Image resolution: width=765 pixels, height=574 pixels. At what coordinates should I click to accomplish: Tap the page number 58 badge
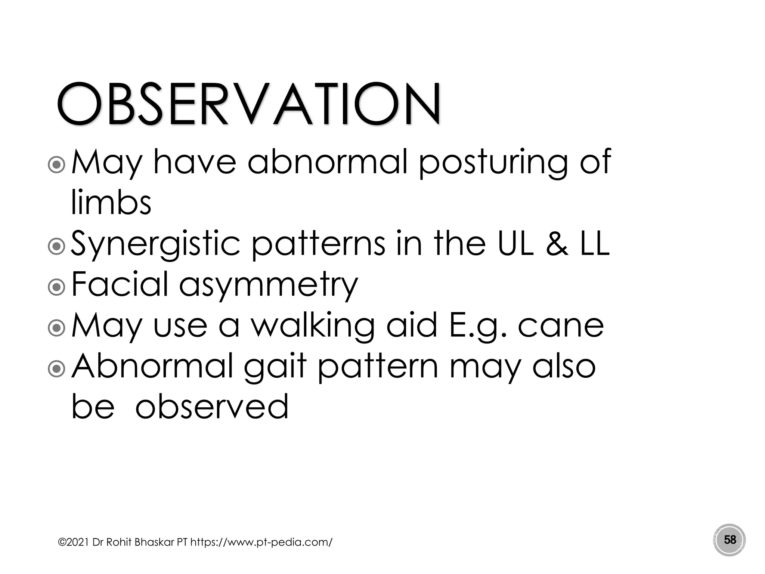[730, 540]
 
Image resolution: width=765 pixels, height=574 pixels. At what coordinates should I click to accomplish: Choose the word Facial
[120, 285]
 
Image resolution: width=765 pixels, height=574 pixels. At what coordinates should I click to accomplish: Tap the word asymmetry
[268, 286]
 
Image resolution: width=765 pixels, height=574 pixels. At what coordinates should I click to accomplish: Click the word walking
[312, 326]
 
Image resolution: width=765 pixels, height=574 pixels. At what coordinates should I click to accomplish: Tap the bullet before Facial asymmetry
[57, 287]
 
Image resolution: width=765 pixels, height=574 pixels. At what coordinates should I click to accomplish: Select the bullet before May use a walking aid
[57, 328]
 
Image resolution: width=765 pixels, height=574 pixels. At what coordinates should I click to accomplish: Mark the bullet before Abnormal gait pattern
[57, 368]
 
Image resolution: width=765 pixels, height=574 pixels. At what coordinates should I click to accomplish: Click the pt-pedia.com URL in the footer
[261, 542]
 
